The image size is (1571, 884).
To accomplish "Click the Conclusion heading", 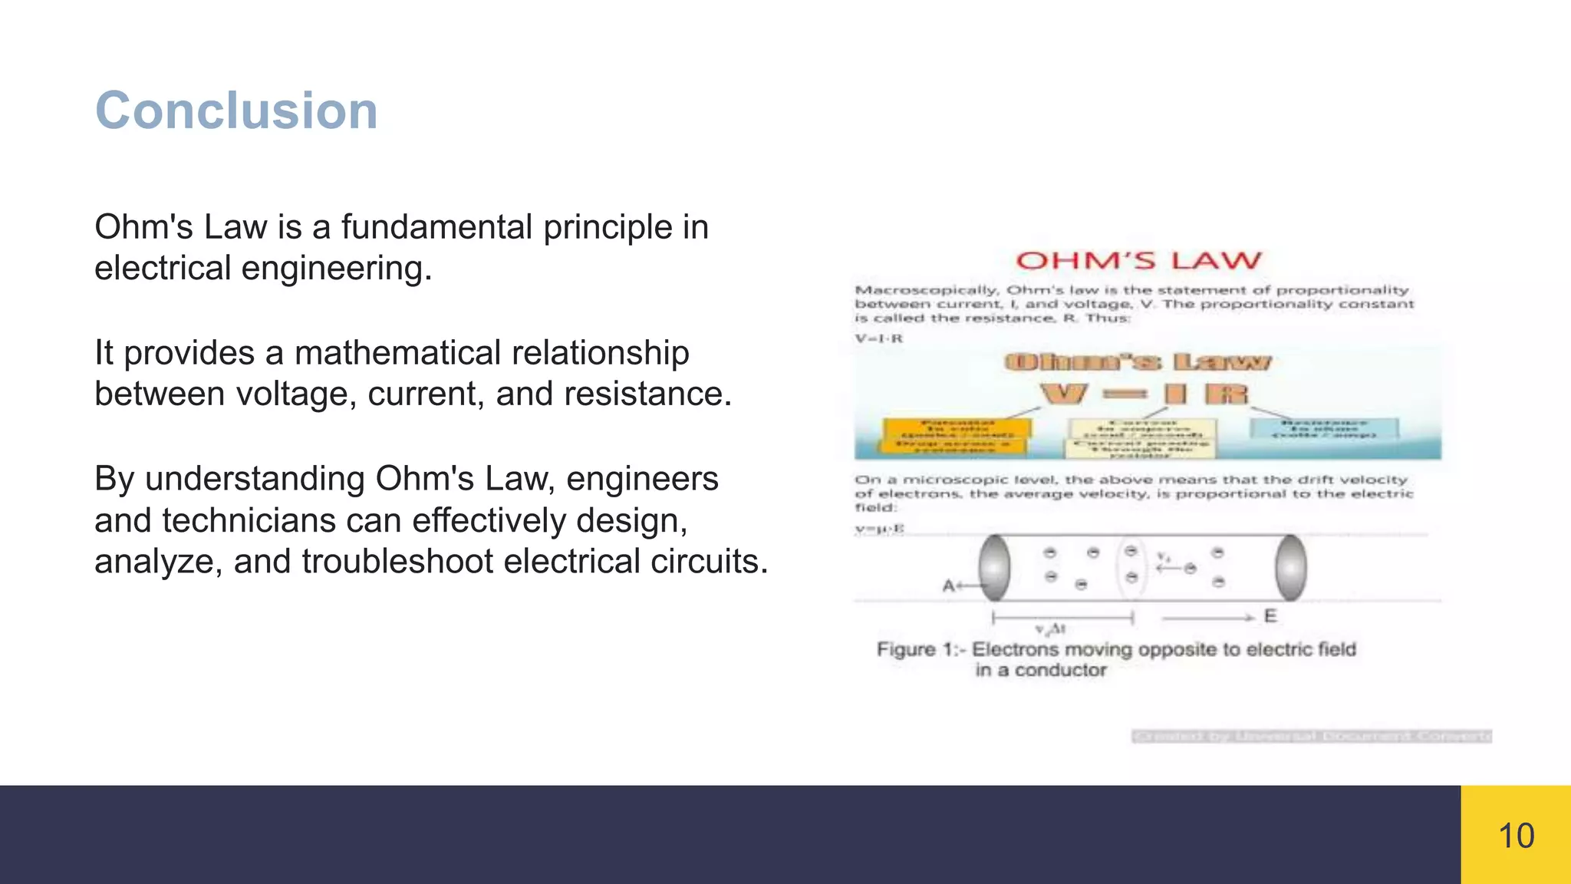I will [236, 110].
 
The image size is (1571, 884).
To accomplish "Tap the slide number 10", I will [1516, 836].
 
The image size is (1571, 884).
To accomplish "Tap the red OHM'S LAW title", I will [1138, 261].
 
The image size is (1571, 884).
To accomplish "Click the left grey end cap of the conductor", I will [994, 568].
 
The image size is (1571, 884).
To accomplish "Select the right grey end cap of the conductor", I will [1290, 568].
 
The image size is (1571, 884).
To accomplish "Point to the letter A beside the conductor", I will [948, 586].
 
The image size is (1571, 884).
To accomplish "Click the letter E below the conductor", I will [1270, 616].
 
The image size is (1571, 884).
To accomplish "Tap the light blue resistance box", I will [1324, 429].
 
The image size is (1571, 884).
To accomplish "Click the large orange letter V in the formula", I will [1063, 394].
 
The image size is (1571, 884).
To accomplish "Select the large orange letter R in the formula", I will [1227, 394].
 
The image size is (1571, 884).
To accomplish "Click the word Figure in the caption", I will [906, 650].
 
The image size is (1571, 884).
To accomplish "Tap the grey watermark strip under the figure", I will [1311, 737].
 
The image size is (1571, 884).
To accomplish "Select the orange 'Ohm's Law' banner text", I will [1138, 362].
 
